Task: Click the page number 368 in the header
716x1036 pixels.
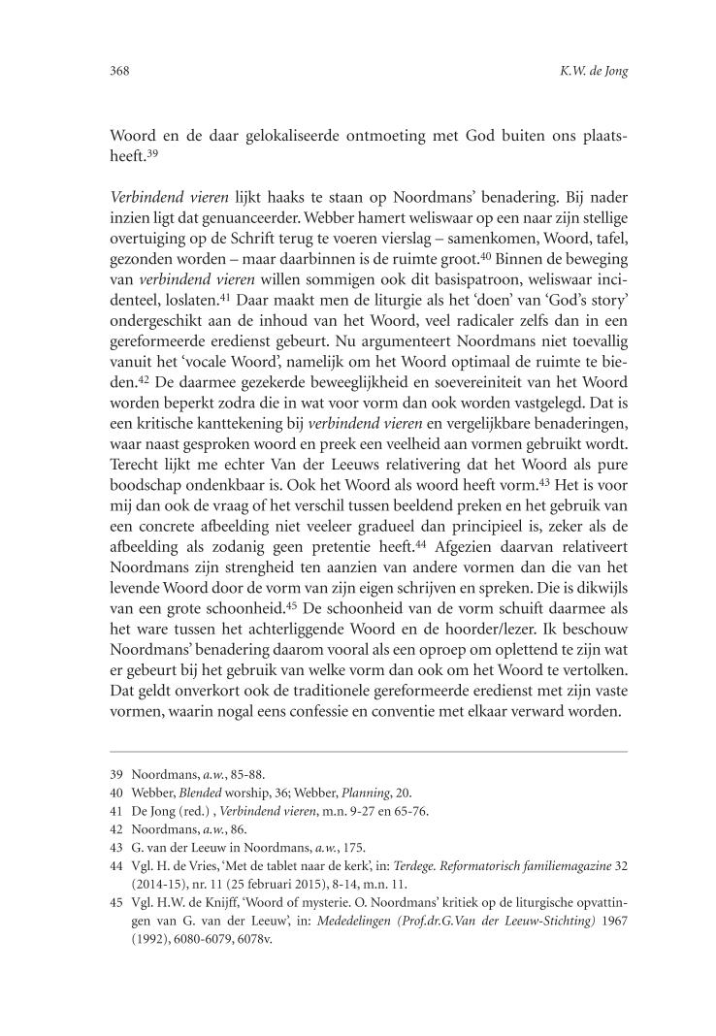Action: [x=118, y=71]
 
